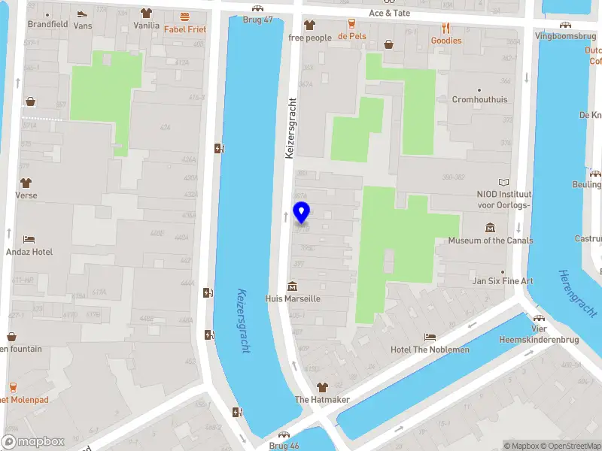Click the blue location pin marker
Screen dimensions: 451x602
click(302, 212)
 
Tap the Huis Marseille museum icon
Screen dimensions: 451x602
click(292, 286)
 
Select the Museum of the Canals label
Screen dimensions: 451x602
click(491, 241)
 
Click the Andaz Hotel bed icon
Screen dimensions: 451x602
click(29, 239)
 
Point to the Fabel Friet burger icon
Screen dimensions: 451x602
click(184, 17)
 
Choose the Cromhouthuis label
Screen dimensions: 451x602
click(479, 99)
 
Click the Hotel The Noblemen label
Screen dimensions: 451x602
click(430, 350)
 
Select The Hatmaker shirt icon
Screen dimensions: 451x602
click(322, 387)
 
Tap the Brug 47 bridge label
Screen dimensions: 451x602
click(258, 20)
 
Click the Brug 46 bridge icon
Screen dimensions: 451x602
click(284, 434)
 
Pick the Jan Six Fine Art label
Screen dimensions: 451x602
click(503, 281)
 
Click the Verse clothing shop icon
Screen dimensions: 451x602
click(26, 183)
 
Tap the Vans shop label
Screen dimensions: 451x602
click(83, 25)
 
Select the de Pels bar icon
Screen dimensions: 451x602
click(351, 23)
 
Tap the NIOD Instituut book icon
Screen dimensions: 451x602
click(503, 181)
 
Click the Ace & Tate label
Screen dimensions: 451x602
click(390, 13)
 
